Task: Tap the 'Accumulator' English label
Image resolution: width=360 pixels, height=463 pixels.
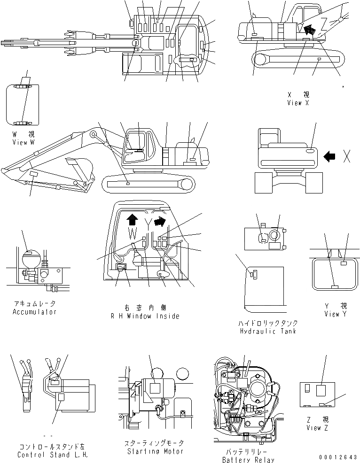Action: coord(34,312)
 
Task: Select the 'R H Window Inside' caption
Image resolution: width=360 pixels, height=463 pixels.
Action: coord(145,316)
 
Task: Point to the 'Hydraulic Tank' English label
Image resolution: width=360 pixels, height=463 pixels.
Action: coord(268,331)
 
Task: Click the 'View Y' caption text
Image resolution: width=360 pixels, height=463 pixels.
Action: coord(335,314)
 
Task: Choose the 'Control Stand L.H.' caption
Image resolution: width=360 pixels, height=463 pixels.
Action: coord(52,455)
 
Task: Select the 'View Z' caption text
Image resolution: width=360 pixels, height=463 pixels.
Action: coord(314,428)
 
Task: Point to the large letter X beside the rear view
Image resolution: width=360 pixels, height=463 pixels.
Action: coord(347,157)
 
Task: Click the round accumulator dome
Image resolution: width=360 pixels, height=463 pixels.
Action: coord(29,257)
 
